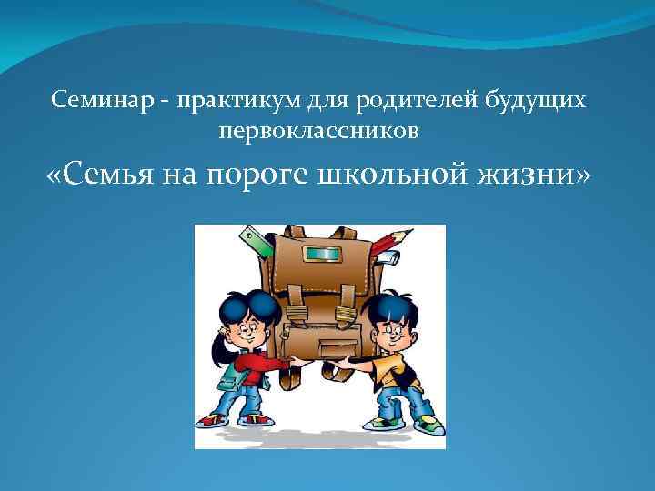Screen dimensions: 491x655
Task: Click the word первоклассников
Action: [x=319, y=132]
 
